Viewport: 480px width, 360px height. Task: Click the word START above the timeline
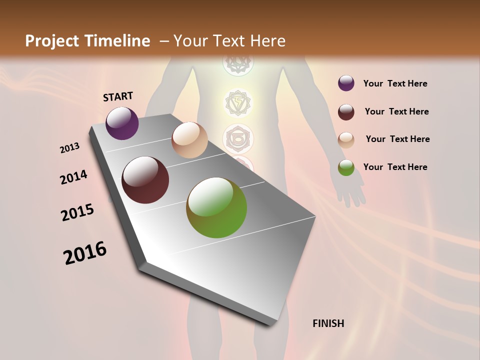(118, 96)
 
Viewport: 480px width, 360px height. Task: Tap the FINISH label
(328, 323)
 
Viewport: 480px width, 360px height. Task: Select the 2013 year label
(70, 148)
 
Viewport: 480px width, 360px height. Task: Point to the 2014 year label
(73, 177)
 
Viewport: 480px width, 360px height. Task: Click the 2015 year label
(77, 212)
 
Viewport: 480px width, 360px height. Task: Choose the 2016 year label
(85, 253)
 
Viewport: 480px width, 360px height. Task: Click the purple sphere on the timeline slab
(122, 123)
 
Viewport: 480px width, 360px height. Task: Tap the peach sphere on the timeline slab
(189, 140)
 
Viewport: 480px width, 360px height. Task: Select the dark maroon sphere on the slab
(145, 180)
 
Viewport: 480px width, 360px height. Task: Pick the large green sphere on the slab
(216, 207)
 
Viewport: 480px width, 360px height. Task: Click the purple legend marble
(346, 83)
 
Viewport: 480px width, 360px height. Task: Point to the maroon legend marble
(346, 111)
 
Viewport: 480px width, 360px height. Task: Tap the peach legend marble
(346, 139)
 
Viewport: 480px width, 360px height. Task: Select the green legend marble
(346, 167)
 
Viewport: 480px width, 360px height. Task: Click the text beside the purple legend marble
(395, 84)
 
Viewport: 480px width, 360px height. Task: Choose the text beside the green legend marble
(395, 167)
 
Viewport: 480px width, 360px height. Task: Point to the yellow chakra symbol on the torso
(238, 102)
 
